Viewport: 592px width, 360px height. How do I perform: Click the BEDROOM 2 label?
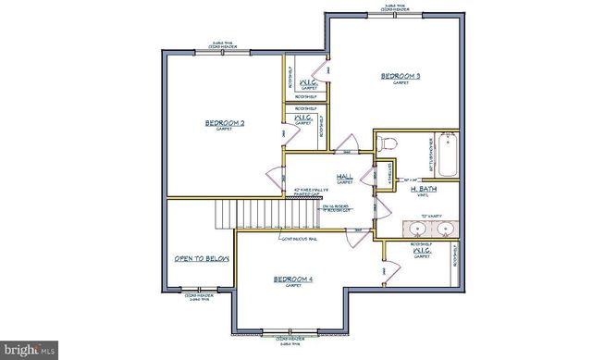coord(225,123)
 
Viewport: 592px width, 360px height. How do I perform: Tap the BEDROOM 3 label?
coord(401,76)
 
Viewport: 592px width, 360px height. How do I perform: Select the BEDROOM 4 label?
coord(292,279)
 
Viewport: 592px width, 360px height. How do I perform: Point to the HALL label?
coord(344,176)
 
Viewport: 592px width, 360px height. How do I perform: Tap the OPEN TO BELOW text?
coord(201,259)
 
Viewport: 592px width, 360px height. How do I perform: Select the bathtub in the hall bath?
coord(448,155)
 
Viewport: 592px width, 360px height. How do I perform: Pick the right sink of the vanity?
coord(445,228)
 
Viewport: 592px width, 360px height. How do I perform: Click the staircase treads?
coord(247,215)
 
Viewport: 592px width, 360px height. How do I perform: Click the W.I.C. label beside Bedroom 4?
coord(421,251)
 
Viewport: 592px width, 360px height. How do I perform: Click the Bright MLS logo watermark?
coord(30,351)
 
